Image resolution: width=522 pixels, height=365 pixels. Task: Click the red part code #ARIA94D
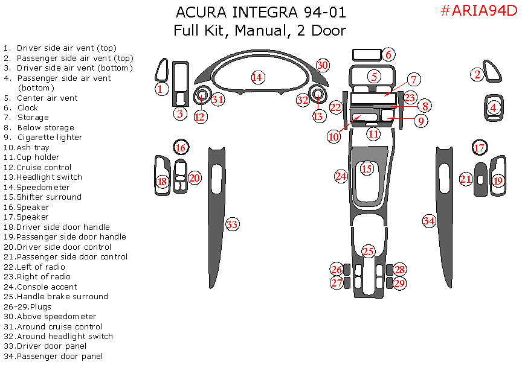[479, 11]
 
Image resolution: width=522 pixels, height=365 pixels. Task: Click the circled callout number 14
[257, 77]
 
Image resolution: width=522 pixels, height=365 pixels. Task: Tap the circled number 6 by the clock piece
[388, 55]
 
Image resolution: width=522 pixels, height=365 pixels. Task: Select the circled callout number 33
[232, 224]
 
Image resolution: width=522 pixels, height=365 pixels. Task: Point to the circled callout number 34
[429, 221]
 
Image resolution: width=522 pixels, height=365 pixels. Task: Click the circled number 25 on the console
[369, 251]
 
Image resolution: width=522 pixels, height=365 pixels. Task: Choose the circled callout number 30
[323, 65]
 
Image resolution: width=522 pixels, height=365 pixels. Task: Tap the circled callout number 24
[341, 176]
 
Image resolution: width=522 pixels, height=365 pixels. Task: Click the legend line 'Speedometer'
[43, 187]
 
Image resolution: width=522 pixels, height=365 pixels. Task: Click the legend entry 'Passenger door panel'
[59, 357]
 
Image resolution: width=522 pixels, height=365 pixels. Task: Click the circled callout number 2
[477, 75]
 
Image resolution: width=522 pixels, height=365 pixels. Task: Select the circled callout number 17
[479, 148]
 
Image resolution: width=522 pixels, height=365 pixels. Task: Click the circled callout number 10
[334, 136]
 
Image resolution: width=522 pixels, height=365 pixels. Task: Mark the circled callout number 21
[465, 179]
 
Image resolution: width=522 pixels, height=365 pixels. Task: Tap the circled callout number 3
[179, 113]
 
